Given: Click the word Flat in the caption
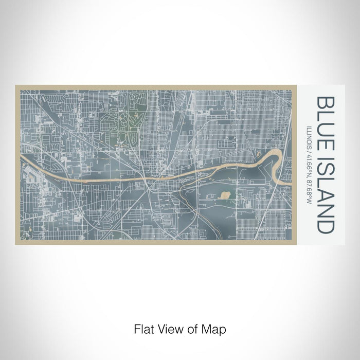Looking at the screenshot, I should (142, 328).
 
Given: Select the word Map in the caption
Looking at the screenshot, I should (216, 328).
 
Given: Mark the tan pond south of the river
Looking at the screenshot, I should (225, 195).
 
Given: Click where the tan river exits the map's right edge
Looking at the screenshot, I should (289, 181).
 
